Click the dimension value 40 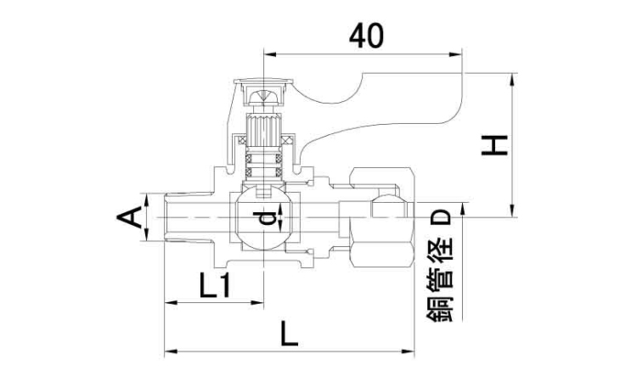pos(366,35)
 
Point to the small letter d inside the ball pos(267,219)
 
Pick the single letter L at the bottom pos(289,334)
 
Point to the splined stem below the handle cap pos(263,132)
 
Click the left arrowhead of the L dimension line pos(168,350)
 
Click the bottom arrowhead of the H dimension pos(512,213)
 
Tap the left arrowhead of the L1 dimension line pos(168,302)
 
